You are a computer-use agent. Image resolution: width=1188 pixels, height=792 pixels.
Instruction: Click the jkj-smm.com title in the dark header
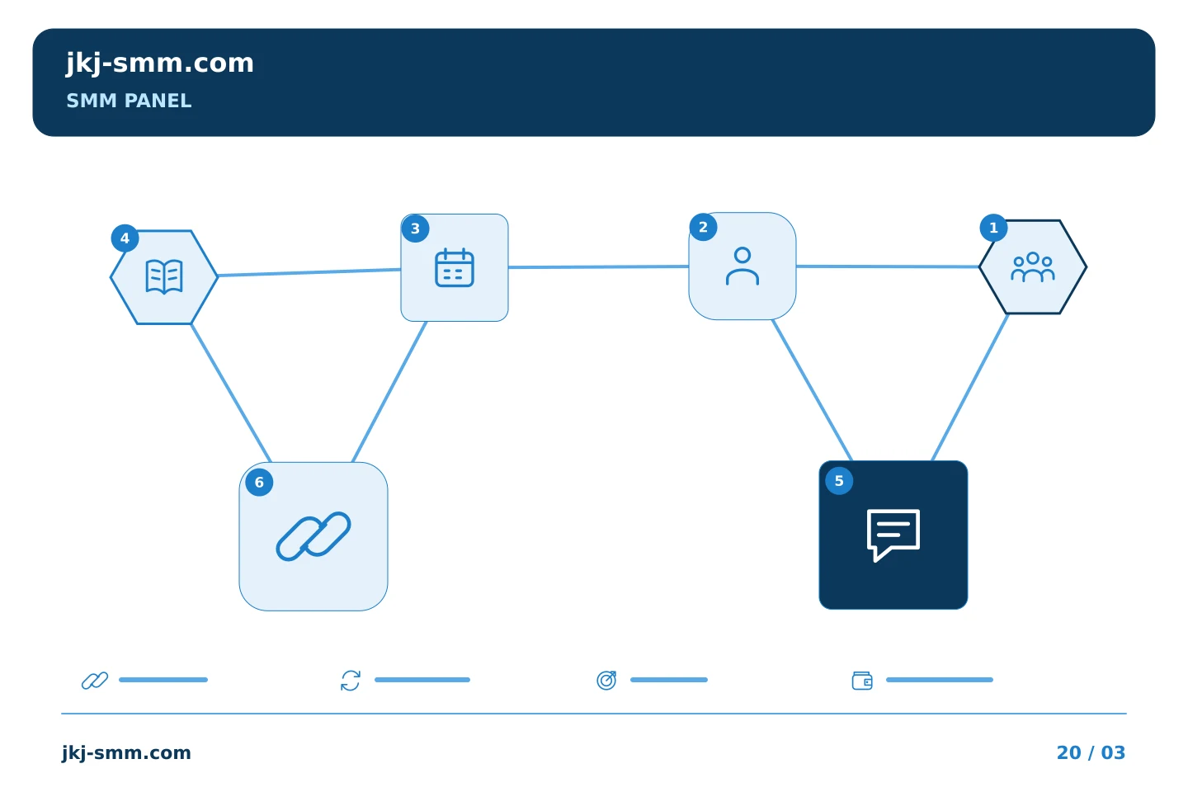[160, 64]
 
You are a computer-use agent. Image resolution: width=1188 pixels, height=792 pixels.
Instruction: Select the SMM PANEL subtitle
[129, 101]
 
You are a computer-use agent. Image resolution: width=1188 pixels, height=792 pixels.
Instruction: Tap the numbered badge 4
[125, 238]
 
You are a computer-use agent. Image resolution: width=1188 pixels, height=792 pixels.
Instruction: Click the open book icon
[164, 276]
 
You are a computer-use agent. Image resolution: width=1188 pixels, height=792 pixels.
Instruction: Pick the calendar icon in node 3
[455, 267]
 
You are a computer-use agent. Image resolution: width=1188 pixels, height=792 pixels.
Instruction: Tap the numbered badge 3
[415, 229]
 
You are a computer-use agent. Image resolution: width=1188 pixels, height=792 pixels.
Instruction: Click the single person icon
[742, 266]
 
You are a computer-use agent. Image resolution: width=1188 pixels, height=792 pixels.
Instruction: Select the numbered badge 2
[703, 227]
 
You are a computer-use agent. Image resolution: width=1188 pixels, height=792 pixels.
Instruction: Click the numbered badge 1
[994, 228]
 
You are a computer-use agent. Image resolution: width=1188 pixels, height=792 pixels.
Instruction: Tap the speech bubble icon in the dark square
[893, 535]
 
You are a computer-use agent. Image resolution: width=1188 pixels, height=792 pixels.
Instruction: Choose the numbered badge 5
[840, 481]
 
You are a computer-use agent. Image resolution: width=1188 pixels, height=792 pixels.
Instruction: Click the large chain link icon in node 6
[313, 536]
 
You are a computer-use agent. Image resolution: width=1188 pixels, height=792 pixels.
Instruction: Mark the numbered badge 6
[259, 483]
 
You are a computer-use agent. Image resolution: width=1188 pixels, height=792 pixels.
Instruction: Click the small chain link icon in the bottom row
[95, 681]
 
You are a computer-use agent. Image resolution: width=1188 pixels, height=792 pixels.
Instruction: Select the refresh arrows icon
[351, 681]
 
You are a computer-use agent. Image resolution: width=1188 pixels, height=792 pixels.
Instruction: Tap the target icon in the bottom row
[606, 681]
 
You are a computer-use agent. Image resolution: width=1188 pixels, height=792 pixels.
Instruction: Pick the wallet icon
[862, 681]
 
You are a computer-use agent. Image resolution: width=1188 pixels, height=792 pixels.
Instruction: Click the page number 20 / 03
[1091, 752]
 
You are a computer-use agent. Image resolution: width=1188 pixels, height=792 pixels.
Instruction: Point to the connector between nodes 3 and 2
[599, 266]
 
